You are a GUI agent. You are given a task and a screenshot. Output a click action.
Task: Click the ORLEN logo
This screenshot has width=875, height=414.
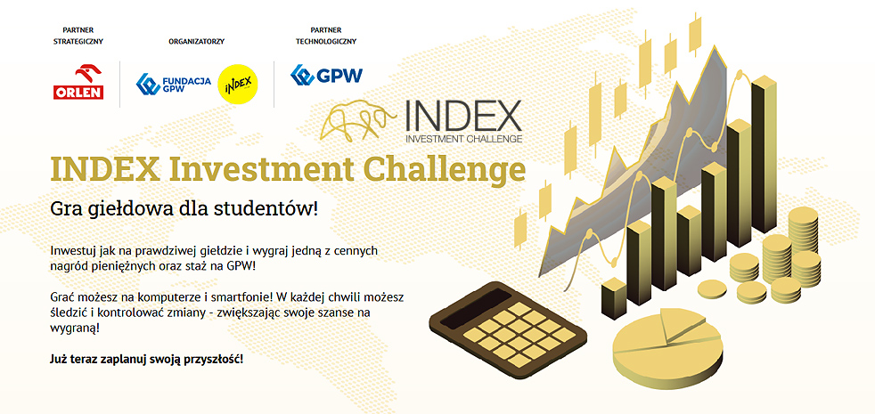pos(78,81)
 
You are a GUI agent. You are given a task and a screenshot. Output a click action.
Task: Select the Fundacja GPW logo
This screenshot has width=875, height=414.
pos(174,85)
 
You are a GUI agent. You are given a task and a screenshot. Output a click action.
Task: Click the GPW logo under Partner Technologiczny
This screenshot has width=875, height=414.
pos(326,75)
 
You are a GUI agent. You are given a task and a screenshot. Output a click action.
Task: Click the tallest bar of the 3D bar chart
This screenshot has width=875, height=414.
pos(764,155)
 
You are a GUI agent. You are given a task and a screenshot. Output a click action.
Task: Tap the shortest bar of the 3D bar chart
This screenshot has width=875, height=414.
pos(615,298)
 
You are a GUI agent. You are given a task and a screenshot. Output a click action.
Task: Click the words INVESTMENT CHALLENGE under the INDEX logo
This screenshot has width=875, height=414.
pos(463,138)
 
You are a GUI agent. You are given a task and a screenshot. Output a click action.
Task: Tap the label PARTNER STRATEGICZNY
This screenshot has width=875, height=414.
pos(78,35)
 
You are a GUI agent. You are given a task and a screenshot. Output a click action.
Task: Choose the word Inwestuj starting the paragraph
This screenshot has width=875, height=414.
pos(70,252)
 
